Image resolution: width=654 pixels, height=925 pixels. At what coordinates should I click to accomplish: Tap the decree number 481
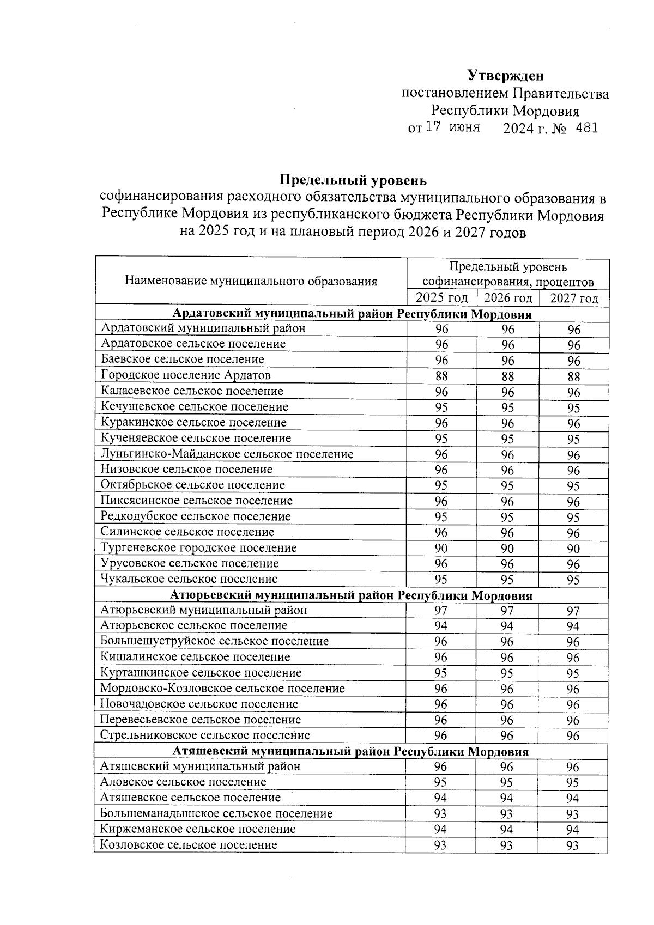[586, 128]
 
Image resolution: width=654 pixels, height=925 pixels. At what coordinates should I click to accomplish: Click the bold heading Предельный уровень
[353, 179]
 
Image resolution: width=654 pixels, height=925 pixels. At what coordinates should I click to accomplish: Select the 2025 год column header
[441, 298]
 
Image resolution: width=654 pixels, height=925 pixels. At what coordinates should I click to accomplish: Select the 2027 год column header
[574, 298]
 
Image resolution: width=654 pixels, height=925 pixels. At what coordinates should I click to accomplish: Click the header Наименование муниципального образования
[251, 282]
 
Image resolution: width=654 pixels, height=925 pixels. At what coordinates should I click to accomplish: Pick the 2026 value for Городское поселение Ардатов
[507, 376]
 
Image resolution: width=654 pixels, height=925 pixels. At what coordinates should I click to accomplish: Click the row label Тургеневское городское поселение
[199, 548]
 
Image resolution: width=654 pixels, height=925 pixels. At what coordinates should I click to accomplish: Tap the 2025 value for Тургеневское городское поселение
[441, 549]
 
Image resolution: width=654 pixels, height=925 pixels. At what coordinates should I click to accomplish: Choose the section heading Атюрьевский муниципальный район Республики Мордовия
[351, 595]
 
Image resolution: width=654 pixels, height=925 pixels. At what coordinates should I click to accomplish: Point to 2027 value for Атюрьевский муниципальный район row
[572, 611]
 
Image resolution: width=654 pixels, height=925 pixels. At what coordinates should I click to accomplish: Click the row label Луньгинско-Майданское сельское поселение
[227, 454]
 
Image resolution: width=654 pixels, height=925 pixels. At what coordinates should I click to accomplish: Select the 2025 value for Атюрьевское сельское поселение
[440, 626]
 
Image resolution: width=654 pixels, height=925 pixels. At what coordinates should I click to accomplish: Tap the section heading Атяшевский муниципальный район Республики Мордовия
[351, 752]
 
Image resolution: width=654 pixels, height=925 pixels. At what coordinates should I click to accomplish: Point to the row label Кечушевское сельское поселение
[195, 407]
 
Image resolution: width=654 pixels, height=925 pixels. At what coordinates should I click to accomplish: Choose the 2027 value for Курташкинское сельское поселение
[572, 674]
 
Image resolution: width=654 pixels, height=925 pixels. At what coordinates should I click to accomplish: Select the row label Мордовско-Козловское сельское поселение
[222, 689]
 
